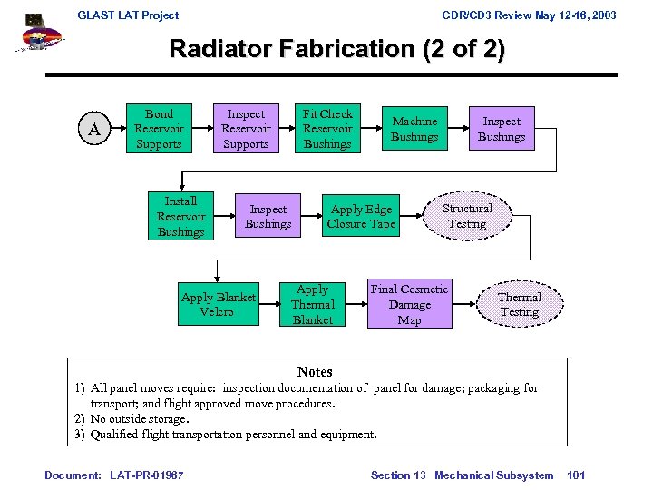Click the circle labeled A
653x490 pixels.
click(94, 130)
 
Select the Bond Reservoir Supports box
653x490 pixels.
click(159, 129)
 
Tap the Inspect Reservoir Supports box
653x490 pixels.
click(246, 129)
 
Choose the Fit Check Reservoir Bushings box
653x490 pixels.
click(327, 129)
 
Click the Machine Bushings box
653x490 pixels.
click(414, 129)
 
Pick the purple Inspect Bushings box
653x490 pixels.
click(502, 129)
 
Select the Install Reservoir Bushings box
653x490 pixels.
click(180, 216)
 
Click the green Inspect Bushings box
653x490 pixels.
click(268, 216)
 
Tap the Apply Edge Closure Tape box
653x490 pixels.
click(361, 216)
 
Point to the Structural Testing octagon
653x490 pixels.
click(467, 216)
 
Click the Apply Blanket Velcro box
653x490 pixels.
click(218, 304)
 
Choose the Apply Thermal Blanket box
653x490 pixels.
click(313, 304)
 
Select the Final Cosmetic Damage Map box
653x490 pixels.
click(409, 304)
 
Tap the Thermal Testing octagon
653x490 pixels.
click(520, 304)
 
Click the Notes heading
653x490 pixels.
click(315, 372)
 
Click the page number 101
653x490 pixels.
click(575, 475)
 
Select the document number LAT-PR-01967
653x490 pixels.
click(147, 475)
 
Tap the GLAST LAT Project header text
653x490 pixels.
click(128, 15)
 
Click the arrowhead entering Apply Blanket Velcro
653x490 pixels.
click(218, 277)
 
